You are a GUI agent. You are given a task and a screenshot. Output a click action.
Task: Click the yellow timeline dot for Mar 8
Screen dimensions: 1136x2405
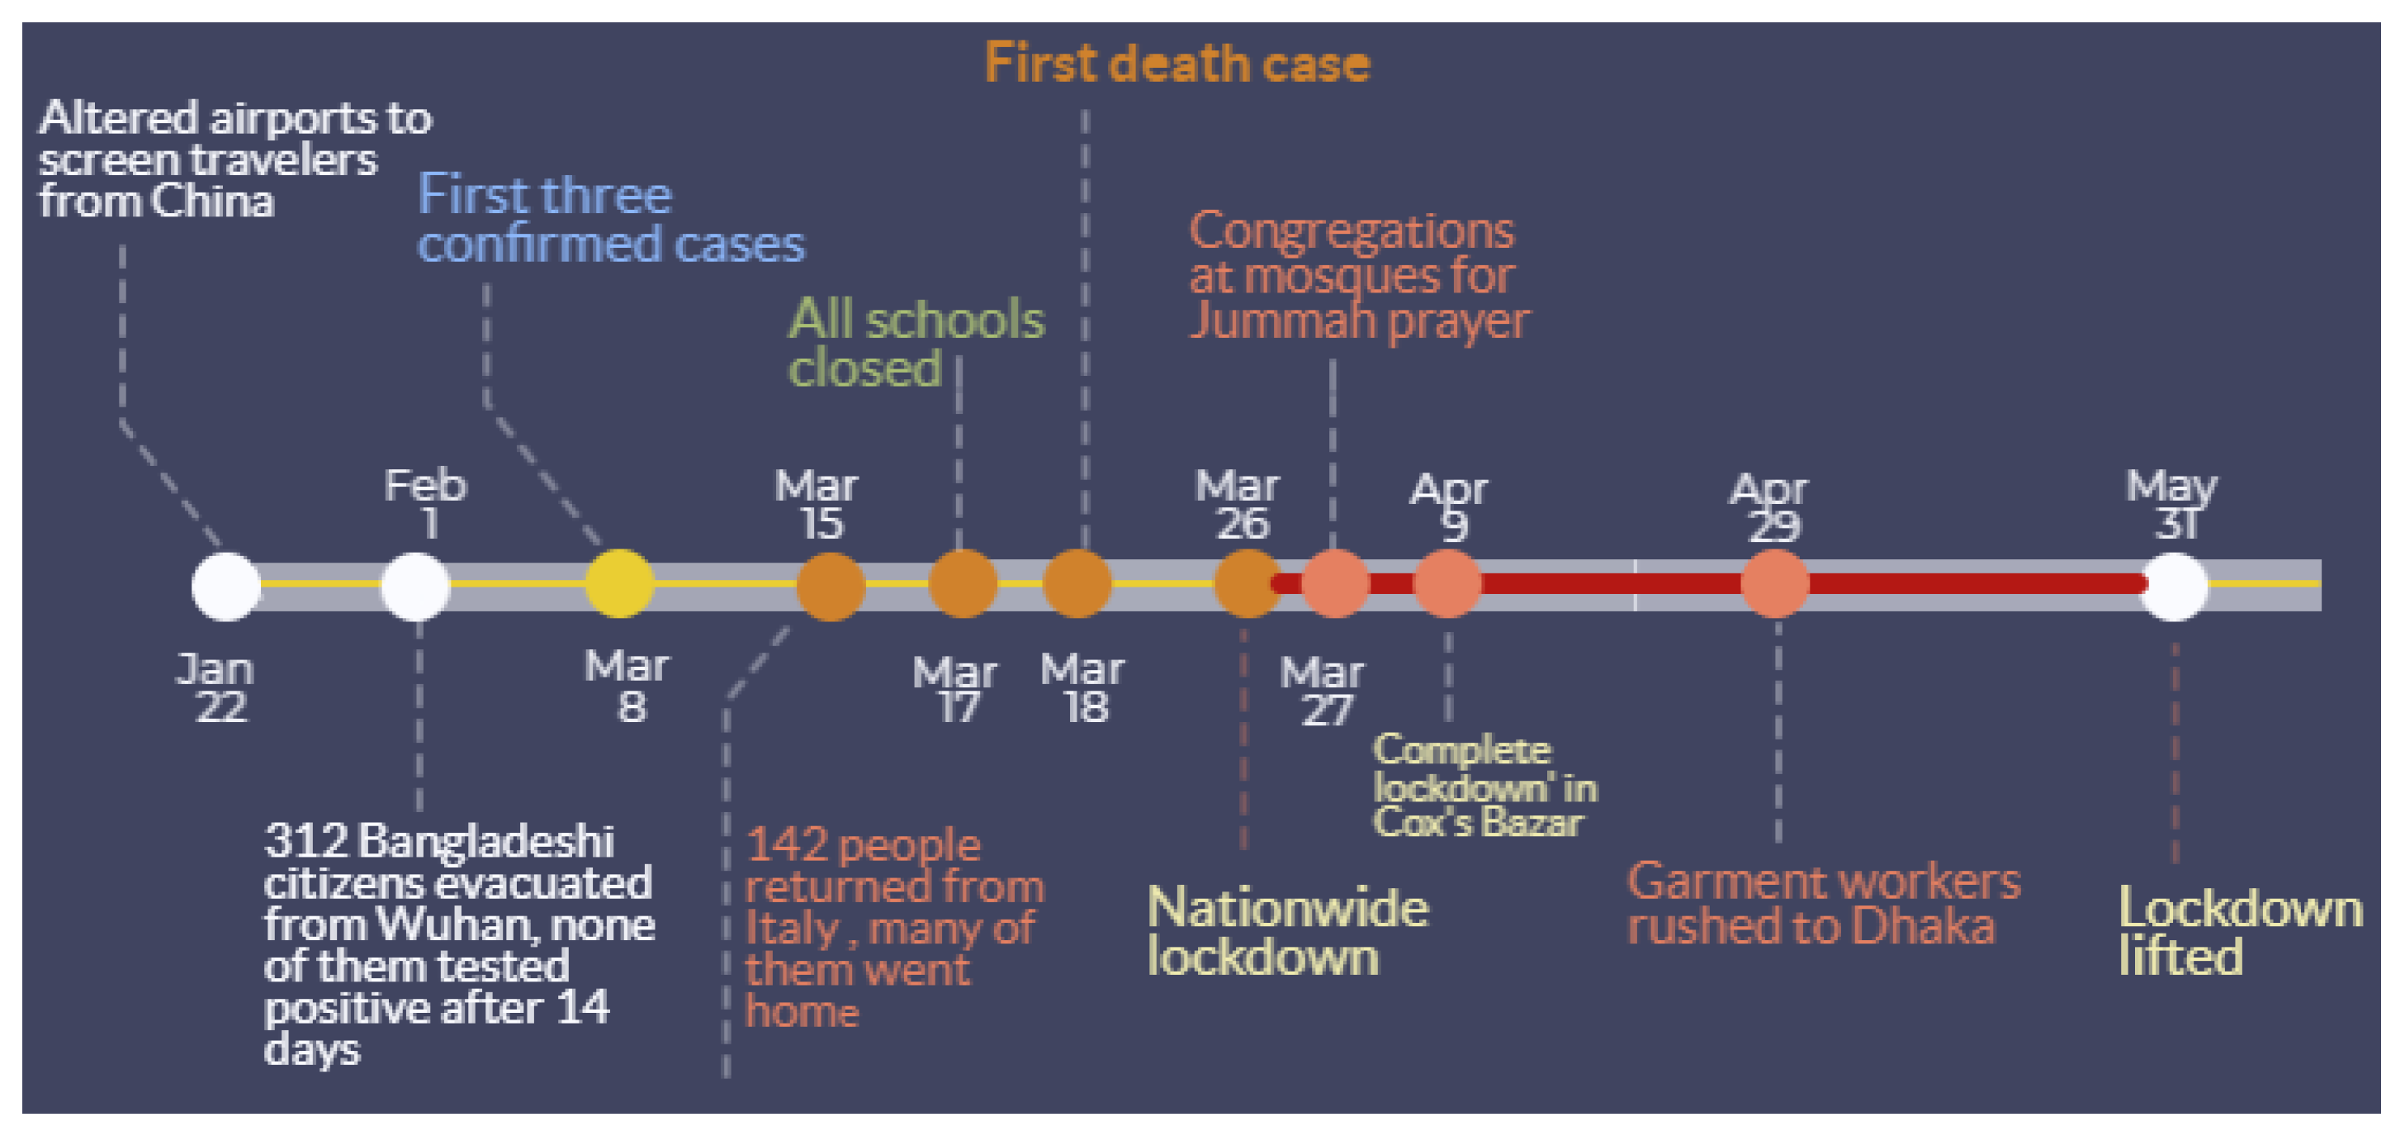click(619, 584)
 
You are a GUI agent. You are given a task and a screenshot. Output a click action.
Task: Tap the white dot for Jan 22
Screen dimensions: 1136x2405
click(226, 586)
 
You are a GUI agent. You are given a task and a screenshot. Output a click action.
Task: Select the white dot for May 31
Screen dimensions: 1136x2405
click(2174, 586)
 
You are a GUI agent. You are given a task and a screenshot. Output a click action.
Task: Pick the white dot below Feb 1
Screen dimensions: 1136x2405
click(415, 586)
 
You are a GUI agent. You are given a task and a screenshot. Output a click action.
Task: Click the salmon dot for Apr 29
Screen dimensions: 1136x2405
click(1775, 584)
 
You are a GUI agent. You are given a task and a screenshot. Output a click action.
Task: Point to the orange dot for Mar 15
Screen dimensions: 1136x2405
click(830, 586)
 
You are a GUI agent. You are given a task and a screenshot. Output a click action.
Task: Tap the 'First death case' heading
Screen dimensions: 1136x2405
click(1176, 64)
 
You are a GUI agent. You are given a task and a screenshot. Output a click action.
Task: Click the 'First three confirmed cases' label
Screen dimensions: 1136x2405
click(608, 220)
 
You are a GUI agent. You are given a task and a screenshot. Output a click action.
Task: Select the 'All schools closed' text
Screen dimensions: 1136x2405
click(915, 343)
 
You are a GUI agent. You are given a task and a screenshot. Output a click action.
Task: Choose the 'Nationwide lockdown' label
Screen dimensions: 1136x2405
click(1286, 931)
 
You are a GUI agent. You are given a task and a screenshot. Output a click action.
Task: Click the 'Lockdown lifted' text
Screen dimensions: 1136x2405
click(2239, 931)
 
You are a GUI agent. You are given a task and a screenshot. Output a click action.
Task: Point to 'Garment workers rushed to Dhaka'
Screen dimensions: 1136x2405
click(1822, 903)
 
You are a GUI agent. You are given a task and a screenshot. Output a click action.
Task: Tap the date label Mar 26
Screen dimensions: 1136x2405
click(1238, 505)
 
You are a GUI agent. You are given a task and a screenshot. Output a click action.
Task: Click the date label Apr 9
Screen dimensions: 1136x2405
click(1449, 507)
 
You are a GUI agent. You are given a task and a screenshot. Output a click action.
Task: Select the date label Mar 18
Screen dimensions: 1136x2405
click(1083, 688)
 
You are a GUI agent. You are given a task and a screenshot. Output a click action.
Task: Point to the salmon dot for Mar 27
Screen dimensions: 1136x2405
click(1335, 584)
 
